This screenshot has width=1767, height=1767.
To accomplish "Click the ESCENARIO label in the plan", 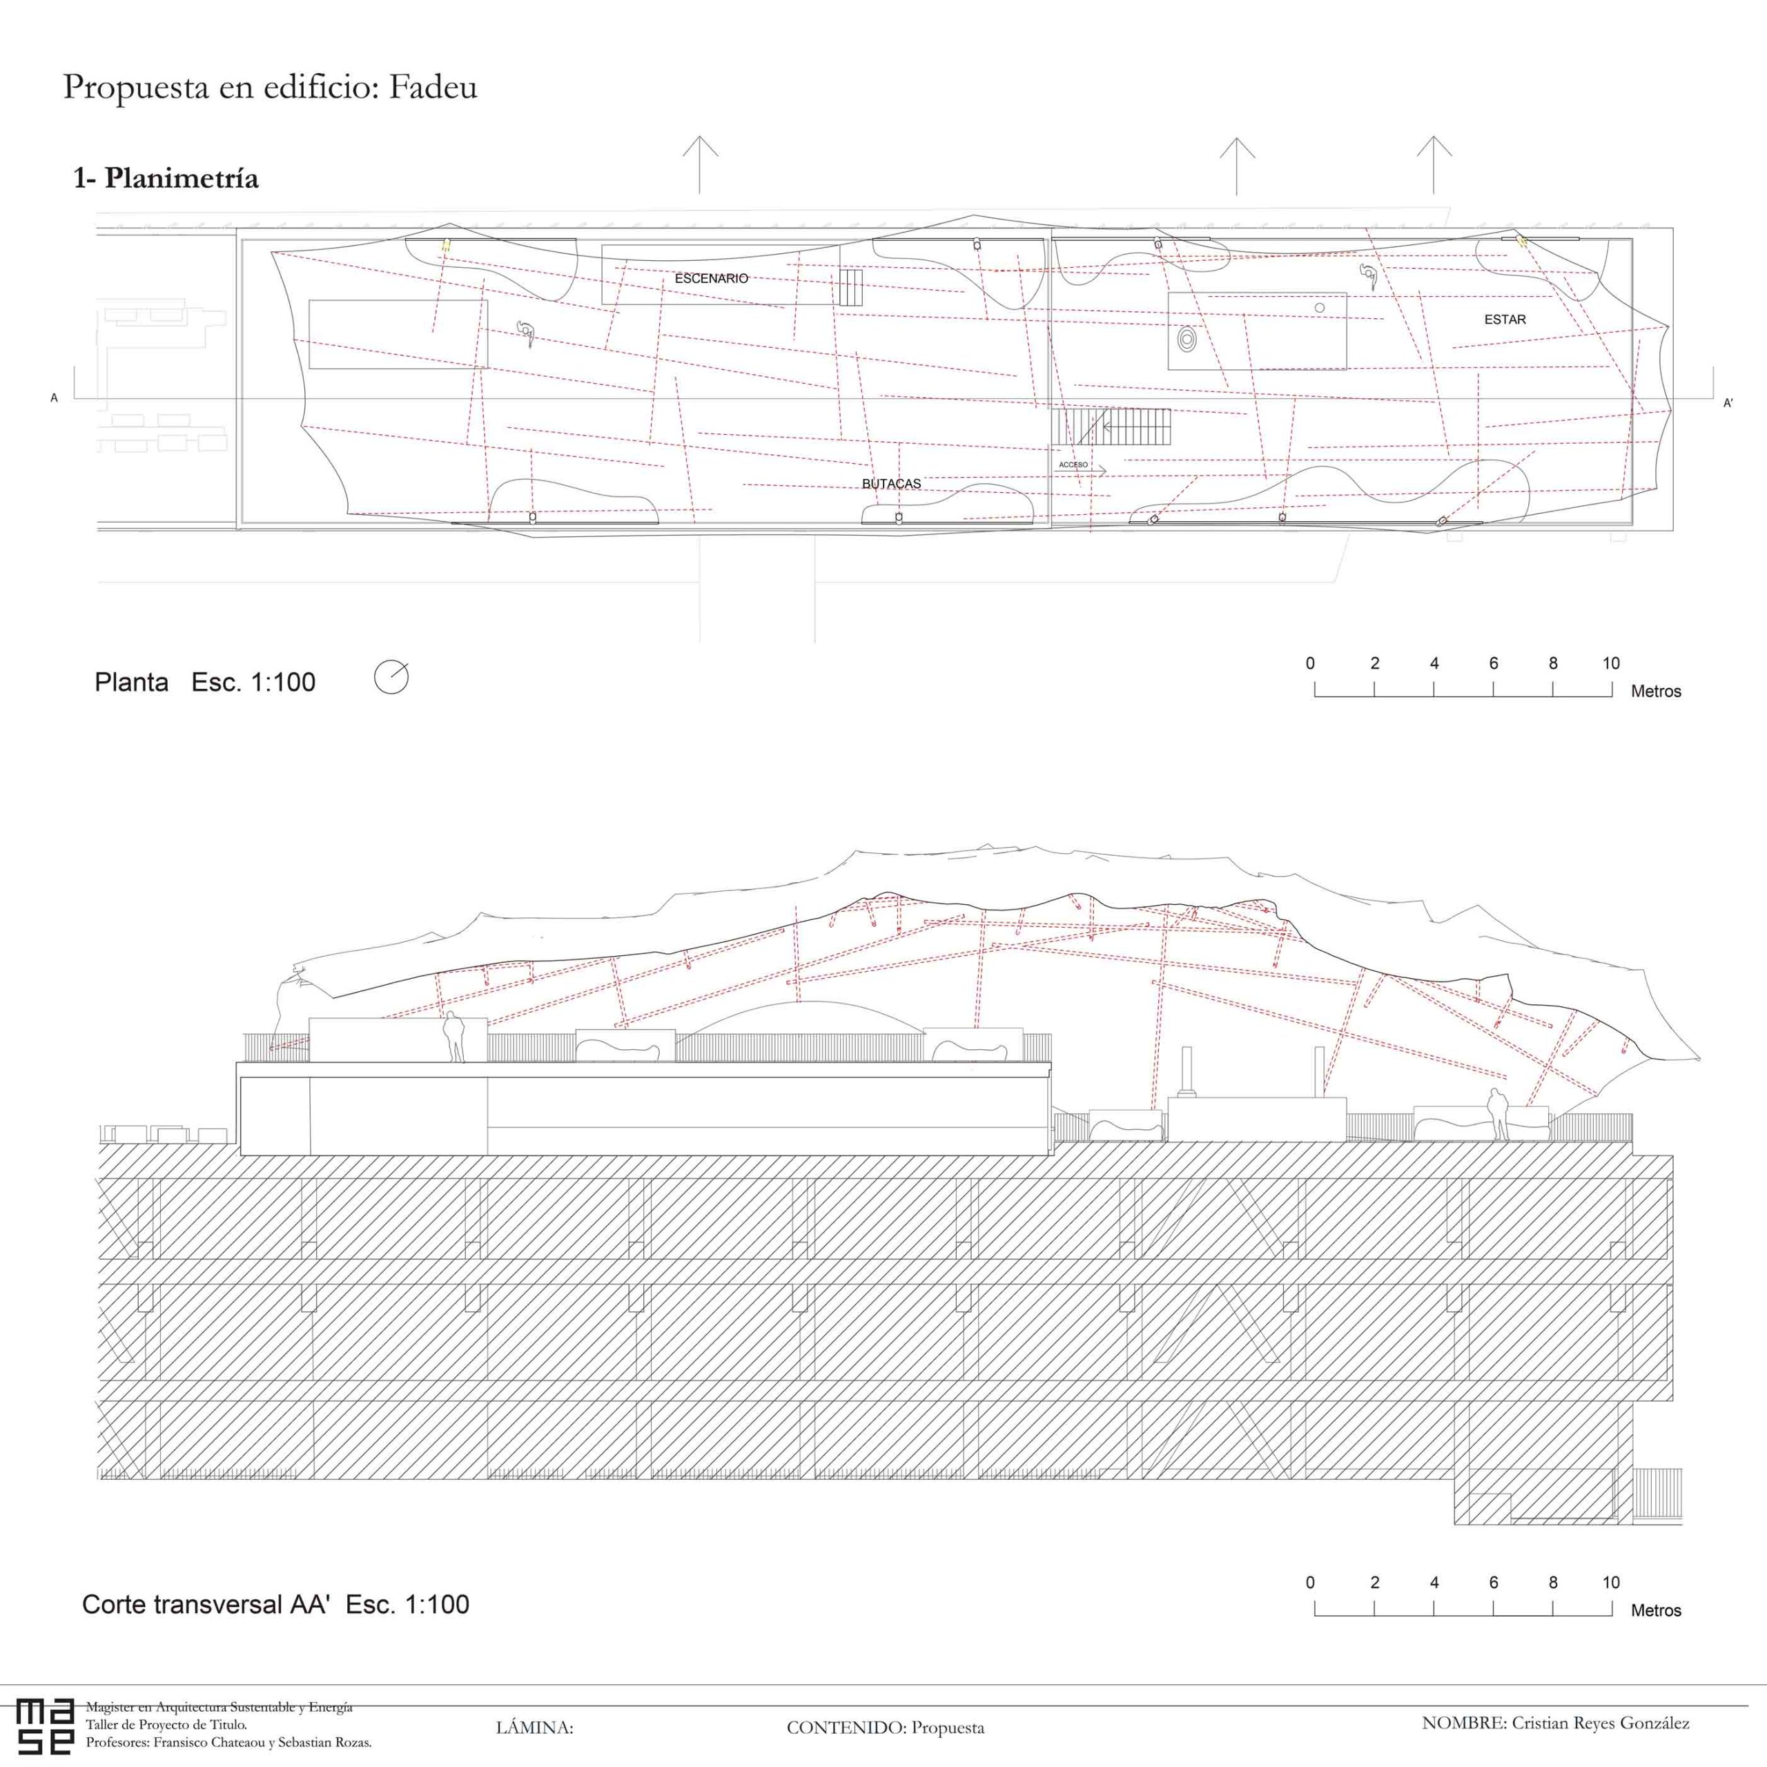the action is (x=712, y=278).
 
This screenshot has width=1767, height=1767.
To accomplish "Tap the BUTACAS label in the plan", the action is (x=892, y=484).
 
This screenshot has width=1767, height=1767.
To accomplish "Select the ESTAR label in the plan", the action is (x=1505, y=319).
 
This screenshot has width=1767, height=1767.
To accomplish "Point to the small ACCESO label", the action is (x=1074, y=465).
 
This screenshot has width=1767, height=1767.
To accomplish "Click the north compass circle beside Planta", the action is (x=391, y=678).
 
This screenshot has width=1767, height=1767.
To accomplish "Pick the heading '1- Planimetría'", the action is (x=166, y=178).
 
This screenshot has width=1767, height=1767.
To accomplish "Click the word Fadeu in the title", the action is (x=433, y=87).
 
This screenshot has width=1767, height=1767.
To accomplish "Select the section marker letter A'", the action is (x=1728, y=402).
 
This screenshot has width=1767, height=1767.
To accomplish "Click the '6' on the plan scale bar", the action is (x=1494, y=663).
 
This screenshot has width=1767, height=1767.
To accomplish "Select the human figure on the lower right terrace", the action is (x=1497, y=1114).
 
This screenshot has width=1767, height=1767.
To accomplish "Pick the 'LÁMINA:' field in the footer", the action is (x=534, y=1728).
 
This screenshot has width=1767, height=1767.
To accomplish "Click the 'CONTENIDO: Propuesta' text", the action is (x=886, y=1728).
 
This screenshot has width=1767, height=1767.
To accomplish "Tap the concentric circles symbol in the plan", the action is (x=1187, y=340).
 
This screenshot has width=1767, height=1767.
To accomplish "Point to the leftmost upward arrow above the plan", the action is (x=700, y=165).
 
